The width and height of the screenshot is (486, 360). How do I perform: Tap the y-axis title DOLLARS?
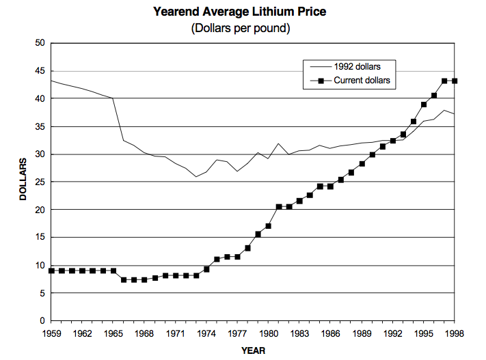click(23, 180)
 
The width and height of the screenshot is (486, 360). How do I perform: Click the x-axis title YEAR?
click(253, 350)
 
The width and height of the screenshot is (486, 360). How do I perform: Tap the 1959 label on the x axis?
click(51, 335)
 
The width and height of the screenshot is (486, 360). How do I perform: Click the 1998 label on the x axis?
click(455, 335)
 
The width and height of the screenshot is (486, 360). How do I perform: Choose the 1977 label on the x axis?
click(238, 335)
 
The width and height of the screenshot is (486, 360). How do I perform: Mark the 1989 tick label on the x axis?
click(362, 335)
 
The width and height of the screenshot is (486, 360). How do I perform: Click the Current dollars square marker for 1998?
click(455, 81)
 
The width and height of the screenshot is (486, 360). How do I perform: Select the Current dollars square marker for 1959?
click(51, 271)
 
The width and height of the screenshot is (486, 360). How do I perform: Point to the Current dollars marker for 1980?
click(269, 226)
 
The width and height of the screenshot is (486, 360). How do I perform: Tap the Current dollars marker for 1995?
click(424, 105)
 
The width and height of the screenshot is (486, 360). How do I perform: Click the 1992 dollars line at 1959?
click(51, 81)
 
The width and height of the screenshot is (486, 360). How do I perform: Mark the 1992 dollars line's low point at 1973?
click(196, 177)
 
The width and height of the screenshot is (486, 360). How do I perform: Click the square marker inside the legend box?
click(319, 80)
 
